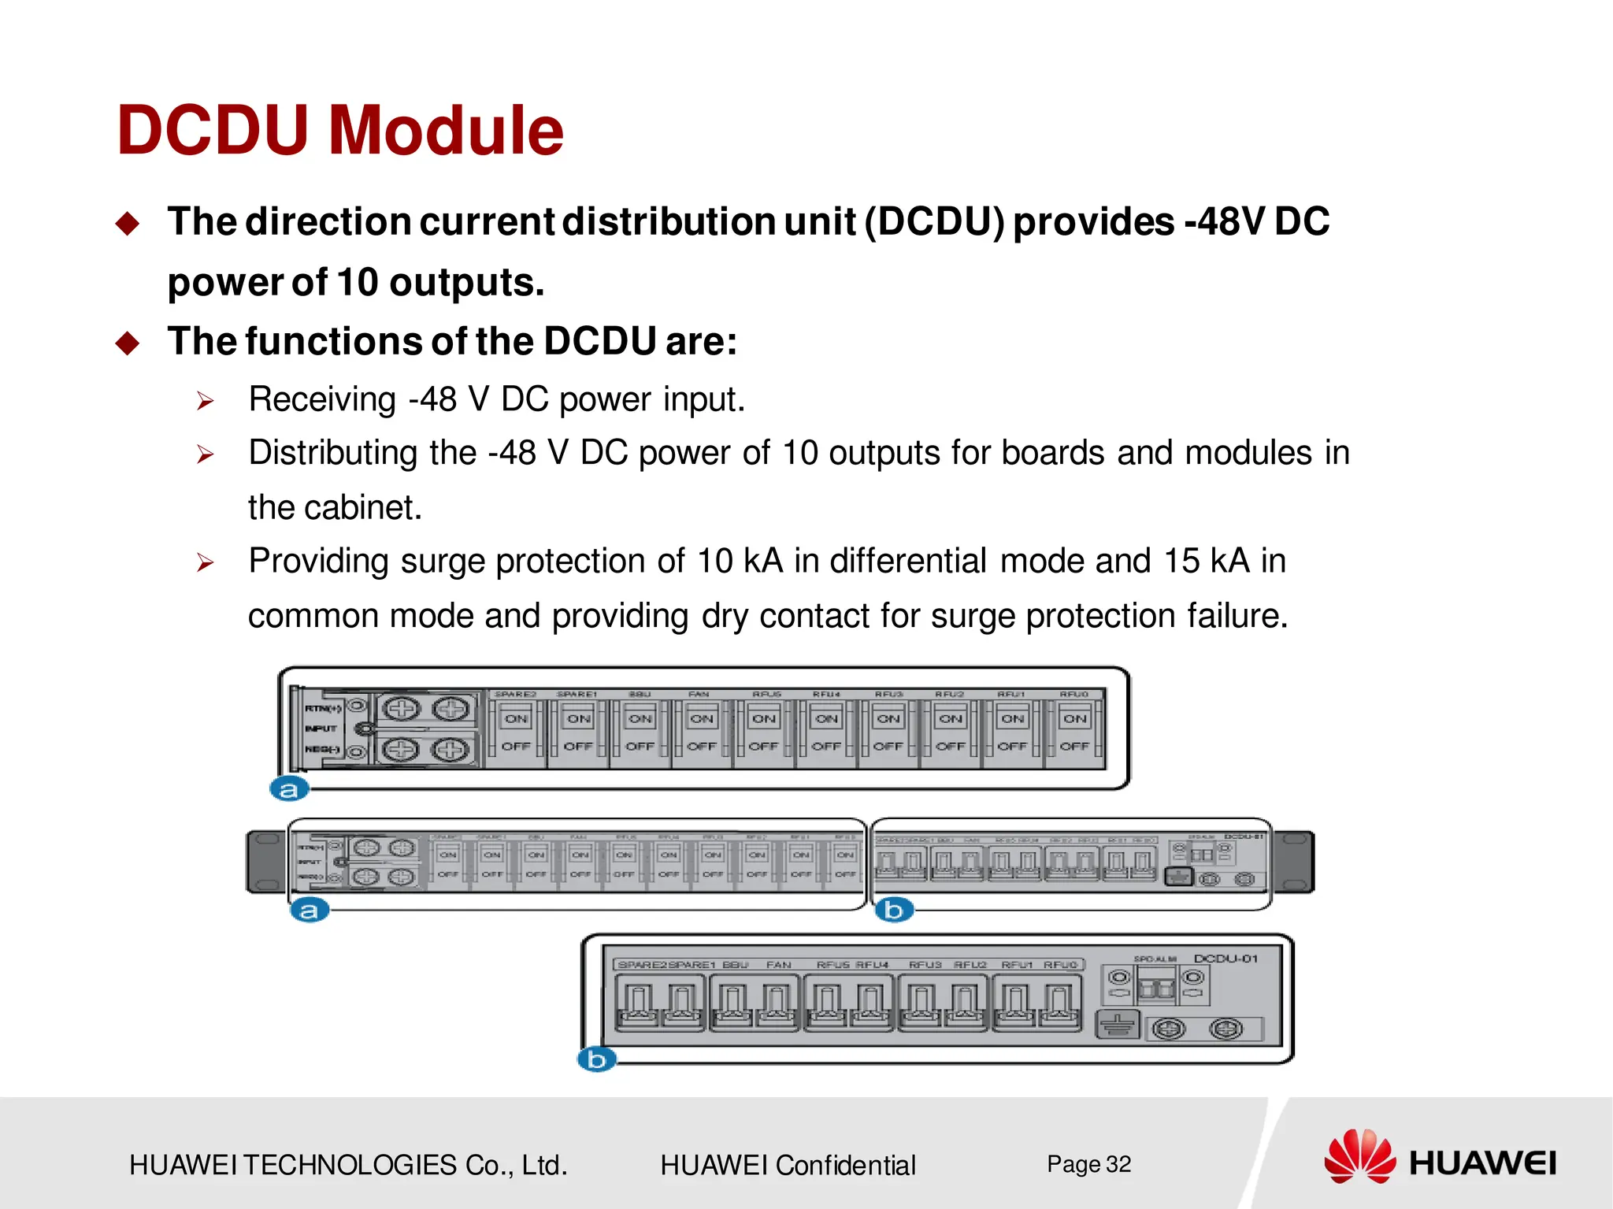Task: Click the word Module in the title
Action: click(446, 131)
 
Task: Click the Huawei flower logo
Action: click(1359, 1156)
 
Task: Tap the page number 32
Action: click(1118, 1164)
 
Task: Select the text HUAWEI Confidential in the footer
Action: click(788, 1165)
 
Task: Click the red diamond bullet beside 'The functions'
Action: click(128, 343)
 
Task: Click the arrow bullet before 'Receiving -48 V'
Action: click(206, 402)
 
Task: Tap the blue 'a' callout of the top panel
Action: click(289, 788)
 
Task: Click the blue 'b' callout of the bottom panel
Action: click(596, 1059)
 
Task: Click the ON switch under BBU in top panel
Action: click(640, 718)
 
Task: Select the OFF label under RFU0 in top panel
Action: click(1074, 746)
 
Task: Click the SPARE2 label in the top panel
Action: click(515, 694)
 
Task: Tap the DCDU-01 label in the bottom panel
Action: click(1226, 959)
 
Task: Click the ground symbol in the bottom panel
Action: click(1118, 1025)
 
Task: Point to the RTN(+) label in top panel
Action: click(322, 708)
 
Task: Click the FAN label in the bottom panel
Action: click(778, 964)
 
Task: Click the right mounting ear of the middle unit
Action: click(1293, 862)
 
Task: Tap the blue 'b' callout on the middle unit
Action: click(894, 910)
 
